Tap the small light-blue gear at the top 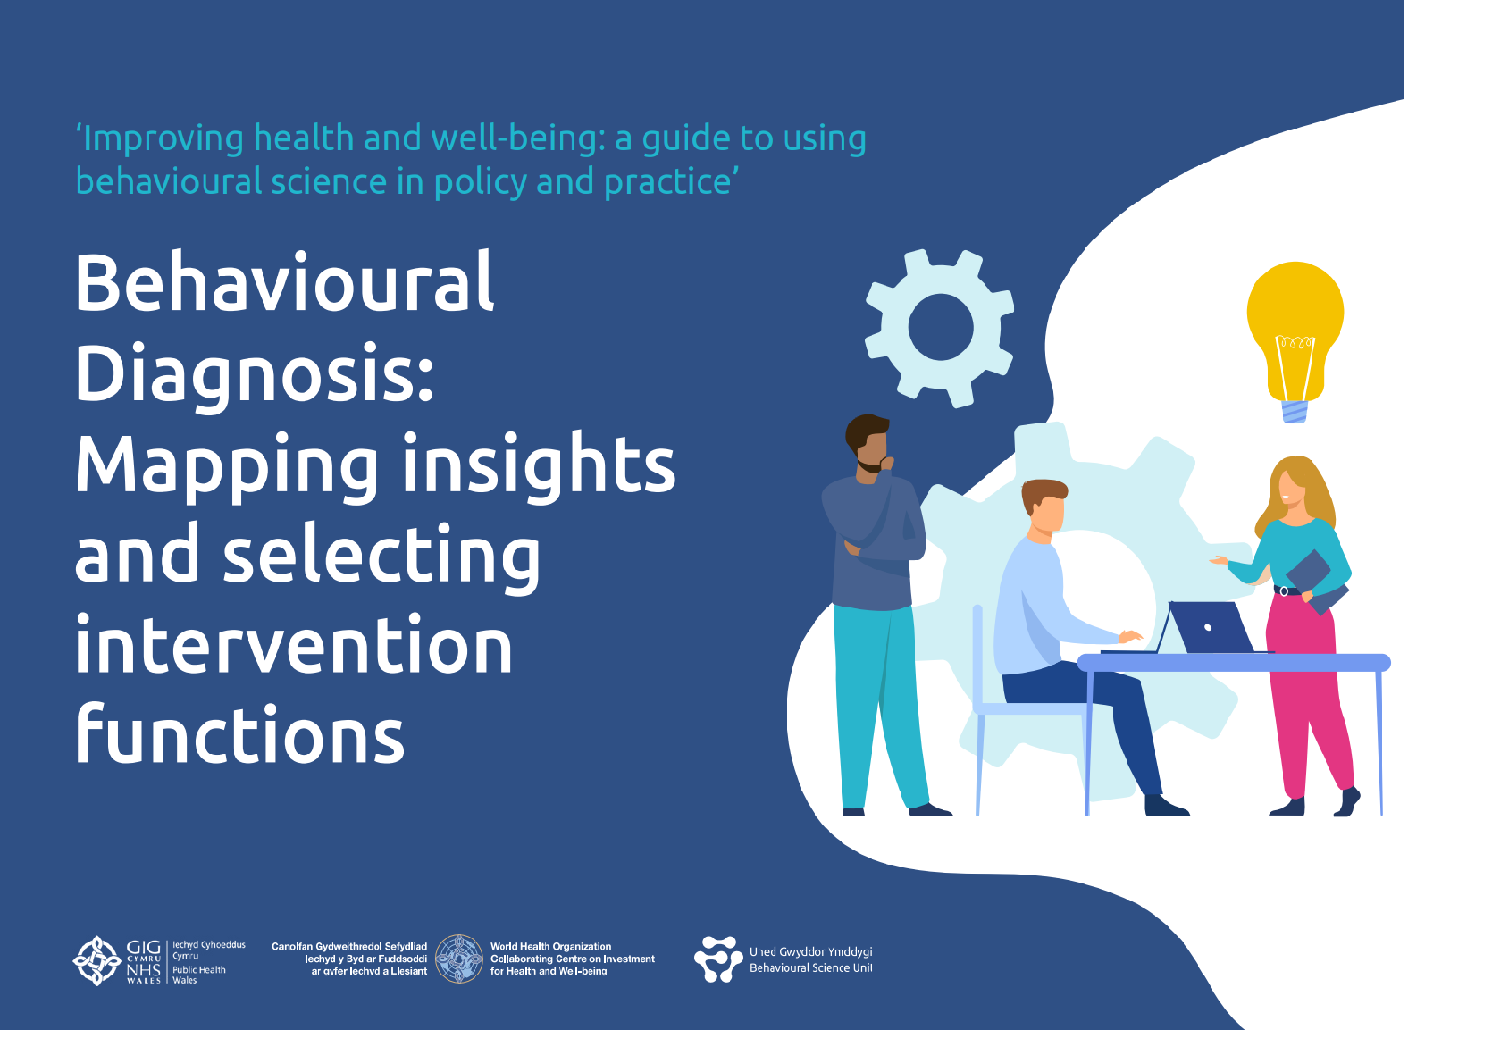coord(940,328)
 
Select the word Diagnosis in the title coord(255,375)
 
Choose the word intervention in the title coord(294,645)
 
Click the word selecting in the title coord(381,557)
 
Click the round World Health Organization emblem coord(459,959)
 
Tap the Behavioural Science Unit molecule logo coord(718,959)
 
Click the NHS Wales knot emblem coord(96,960)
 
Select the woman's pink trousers coord(1307,692)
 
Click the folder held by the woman coord(1316,582)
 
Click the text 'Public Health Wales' coord(198,975)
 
